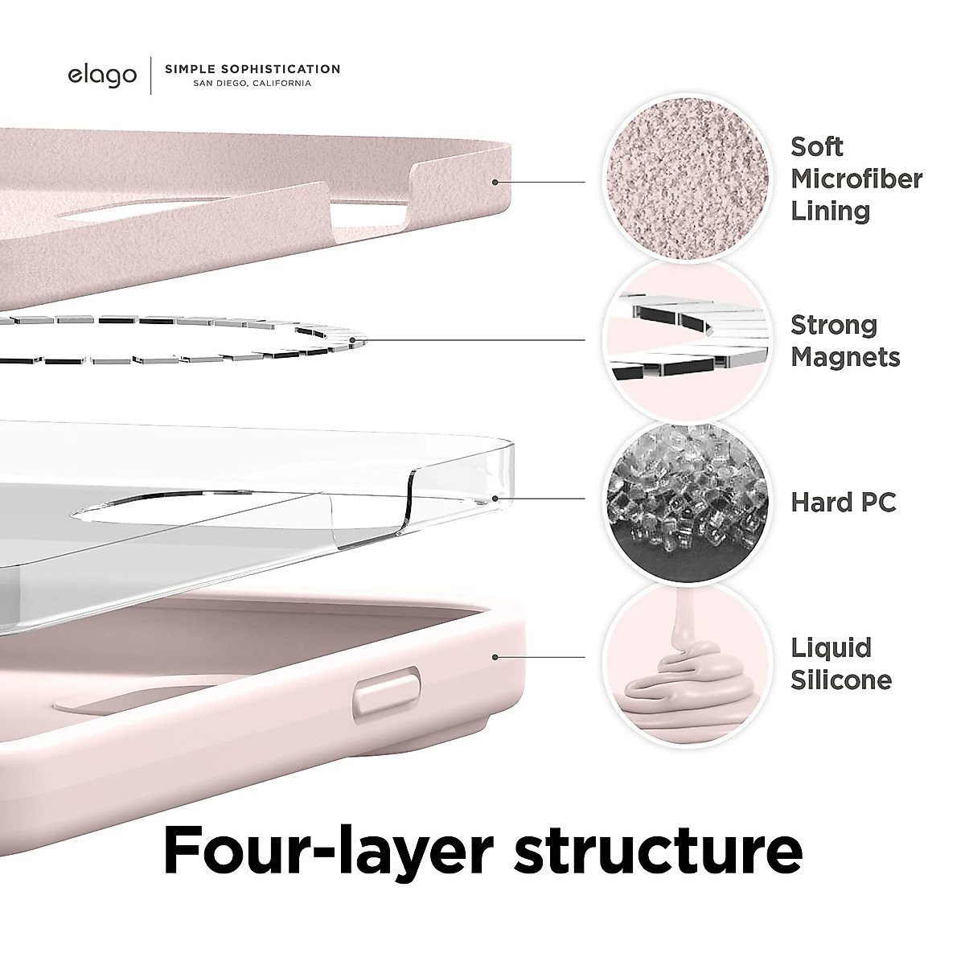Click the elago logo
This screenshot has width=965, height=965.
pos(102,76)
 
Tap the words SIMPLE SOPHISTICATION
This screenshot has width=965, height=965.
pos(253,69)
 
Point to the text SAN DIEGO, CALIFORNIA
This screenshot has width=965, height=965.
pos(238,84)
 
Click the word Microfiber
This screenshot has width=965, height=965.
pos(856,179)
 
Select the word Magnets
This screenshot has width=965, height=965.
pos(844,357)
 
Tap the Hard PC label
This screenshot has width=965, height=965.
pos(843,503)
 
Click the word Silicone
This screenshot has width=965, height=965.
pos(841,680)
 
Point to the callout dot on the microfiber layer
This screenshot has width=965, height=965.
pos(495,183)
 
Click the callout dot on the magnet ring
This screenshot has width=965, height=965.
pos(352,340)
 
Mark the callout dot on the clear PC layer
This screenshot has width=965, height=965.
pos(495,499)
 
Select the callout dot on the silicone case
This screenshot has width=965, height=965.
pos(495,657)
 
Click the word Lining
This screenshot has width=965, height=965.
pos(830,211)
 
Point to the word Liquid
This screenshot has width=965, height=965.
pos(831,648)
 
